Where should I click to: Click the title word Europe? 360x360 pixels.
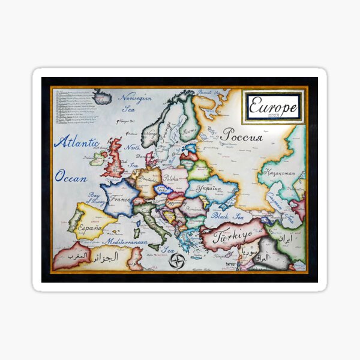tap(274, 107)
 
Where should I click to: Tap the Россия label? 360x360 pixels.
tap(241, 136)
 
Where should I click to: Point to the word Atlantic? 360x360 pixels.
tap(76, 143)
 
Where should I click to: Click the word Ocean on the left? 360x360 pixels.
tap(71, 178)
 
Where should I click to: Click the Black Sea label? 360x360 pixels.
tap(226, 216)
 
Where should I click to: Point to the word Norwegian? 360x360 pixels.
tap(135, 98)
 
